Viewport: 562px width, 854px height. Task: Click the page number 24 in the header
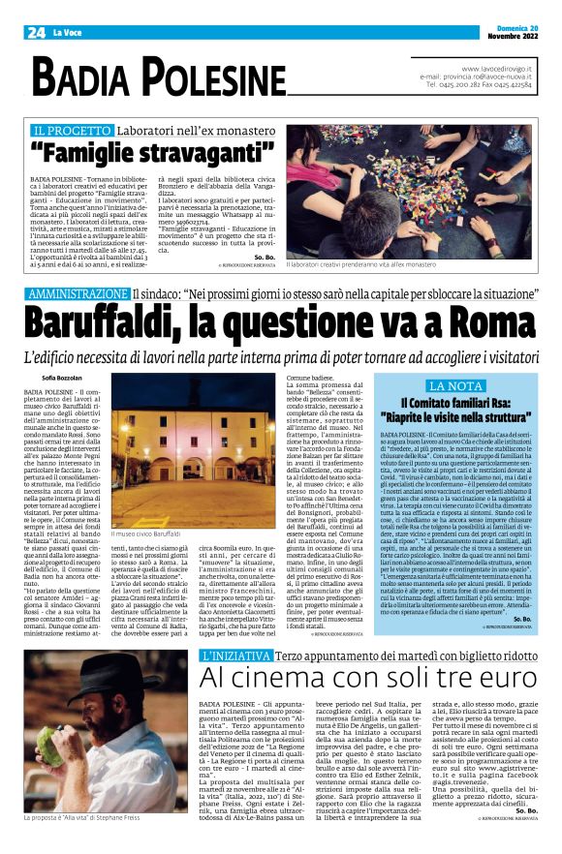(x=35, y=33)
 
